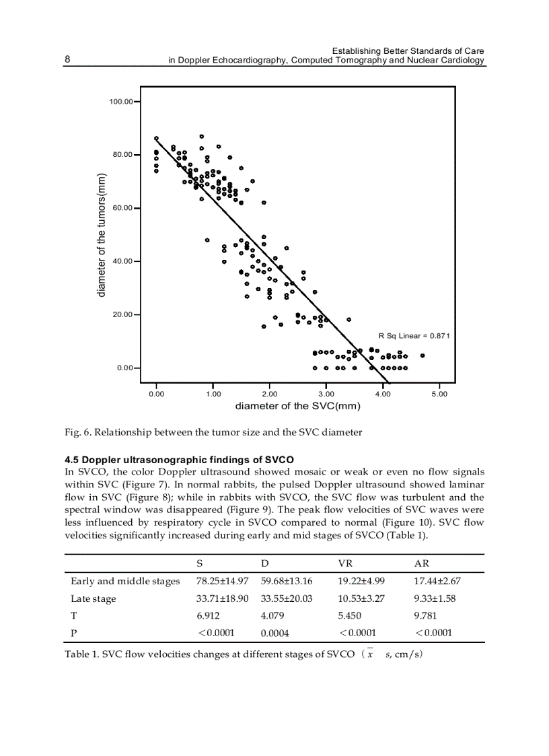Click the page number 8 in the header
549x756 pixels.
[67, 59]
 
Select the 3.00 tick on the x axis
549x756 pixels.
[326, 394]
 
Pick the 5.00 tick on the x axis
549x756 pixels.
[439, 394]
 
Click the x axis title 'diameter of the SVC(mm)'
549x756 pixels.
[297, 406]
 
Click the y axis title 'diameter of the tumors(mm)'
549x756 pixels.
[102, 235]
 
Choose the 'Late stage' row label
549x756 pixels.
[94, 598]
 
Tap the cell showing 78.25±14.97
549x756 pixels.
[222, 581]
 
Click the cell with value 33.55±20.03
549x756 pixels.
[287, 598]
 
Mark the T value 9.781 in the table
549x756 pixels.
[425, 616]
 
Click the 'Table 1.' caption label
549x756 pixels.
[81, 655]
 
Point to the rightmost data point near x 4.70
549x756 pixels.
[422, 355]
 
